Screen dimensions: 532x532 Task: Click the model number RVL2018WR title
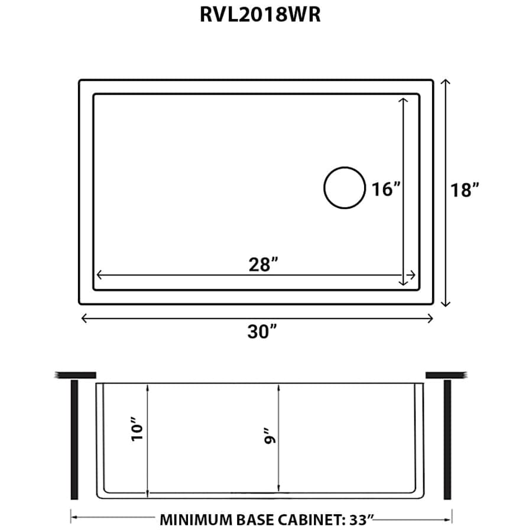pos(260,14)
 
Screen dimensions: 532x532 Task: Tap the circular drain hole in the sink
pos(344,188)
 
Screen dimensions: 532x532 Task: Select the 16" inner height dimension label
pos(386,189)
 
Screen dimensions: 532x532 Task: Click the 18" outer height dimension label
pos(464,190)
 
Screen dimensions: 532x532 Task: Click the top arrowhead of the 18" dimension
pos(446,82)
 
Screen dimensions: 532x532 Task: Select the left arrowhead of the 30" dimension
pos(84,318)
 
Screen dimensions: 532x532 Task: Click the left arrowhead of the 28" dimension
pos(99,275)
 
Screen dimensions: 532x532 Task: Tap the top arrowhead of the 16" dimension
pos(404,100)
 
